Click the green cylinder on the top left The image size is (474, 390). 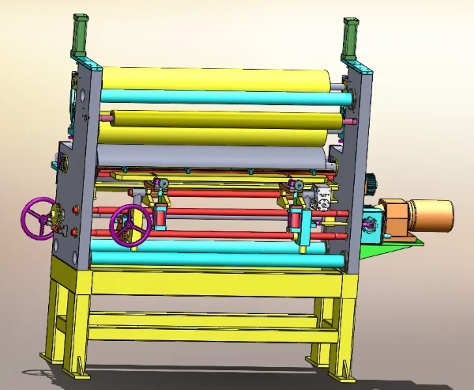click(81, 33)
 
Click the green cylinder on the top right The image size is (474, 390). click(350, 36)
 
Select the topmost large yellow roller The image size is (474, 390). click(213, 78)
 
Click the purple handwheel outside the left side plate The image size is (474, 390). click(39, 218)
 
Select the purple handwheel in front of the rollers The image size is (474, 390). click(130, 225)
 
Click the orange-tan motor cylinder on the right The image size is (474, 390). click(431, 216)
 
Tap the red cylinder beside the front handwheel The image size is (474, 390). click(162, 216)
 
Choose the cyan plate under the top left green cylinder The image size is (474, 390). click(85, 57)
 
